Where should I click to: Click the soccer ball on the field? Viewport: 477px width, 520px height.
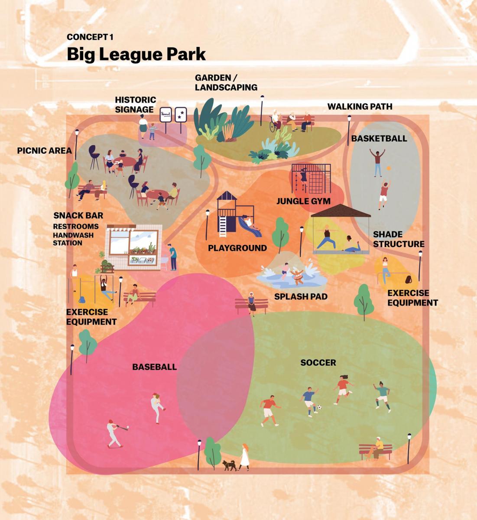[x=319, y=408]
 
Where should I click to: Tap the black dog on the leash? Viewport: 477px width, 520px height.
[x=229, y=465]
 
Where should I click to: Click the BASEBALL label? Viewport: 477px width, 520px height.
[x=154, y=367]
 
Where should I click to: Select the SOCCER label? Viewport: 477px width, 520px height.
[x=318, y=363]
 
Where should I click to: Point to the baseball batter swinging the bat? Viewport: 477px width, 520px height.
[x=114, y=433]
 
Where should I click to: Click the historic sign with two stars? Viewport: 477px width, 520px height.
[x=181, y=115]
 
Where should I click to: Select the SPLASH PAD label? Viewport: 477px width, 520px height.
[x=301, y=297]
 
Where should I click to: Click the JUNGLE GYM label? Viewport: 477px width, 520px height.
[x=303, y=201]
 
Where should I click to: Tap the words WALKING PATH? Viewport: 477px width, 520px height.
[x=360, y=106]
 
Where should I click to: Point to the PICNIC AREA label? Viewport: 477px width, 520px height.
[x=44, y=151]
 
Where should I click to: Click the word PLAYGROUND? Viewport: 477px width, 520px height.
[x=237, y=248]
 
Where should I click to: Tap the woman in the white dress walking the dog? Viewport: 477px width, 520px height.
[x=244, y=457]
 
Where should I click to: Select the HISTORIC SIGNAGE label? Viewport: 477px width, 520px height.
[x=135, y=105]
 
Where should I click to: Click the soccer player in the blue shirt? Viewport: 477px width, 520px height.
[x=309, y=401]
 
